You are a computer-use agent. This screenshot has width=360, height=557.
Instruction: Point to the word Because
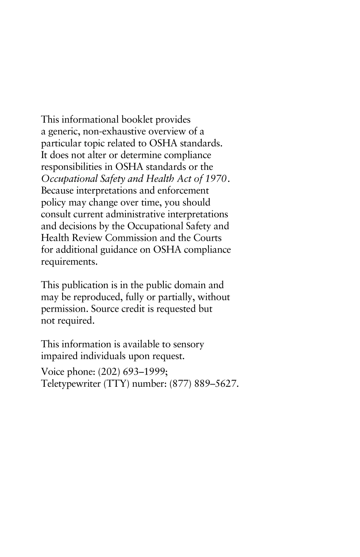click(57, 190)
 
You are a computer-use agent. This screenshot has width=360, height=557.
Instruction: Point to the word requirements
click(69, 262)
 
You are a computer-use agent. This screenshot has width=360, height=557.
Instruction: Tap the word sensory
click(188, 344)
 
